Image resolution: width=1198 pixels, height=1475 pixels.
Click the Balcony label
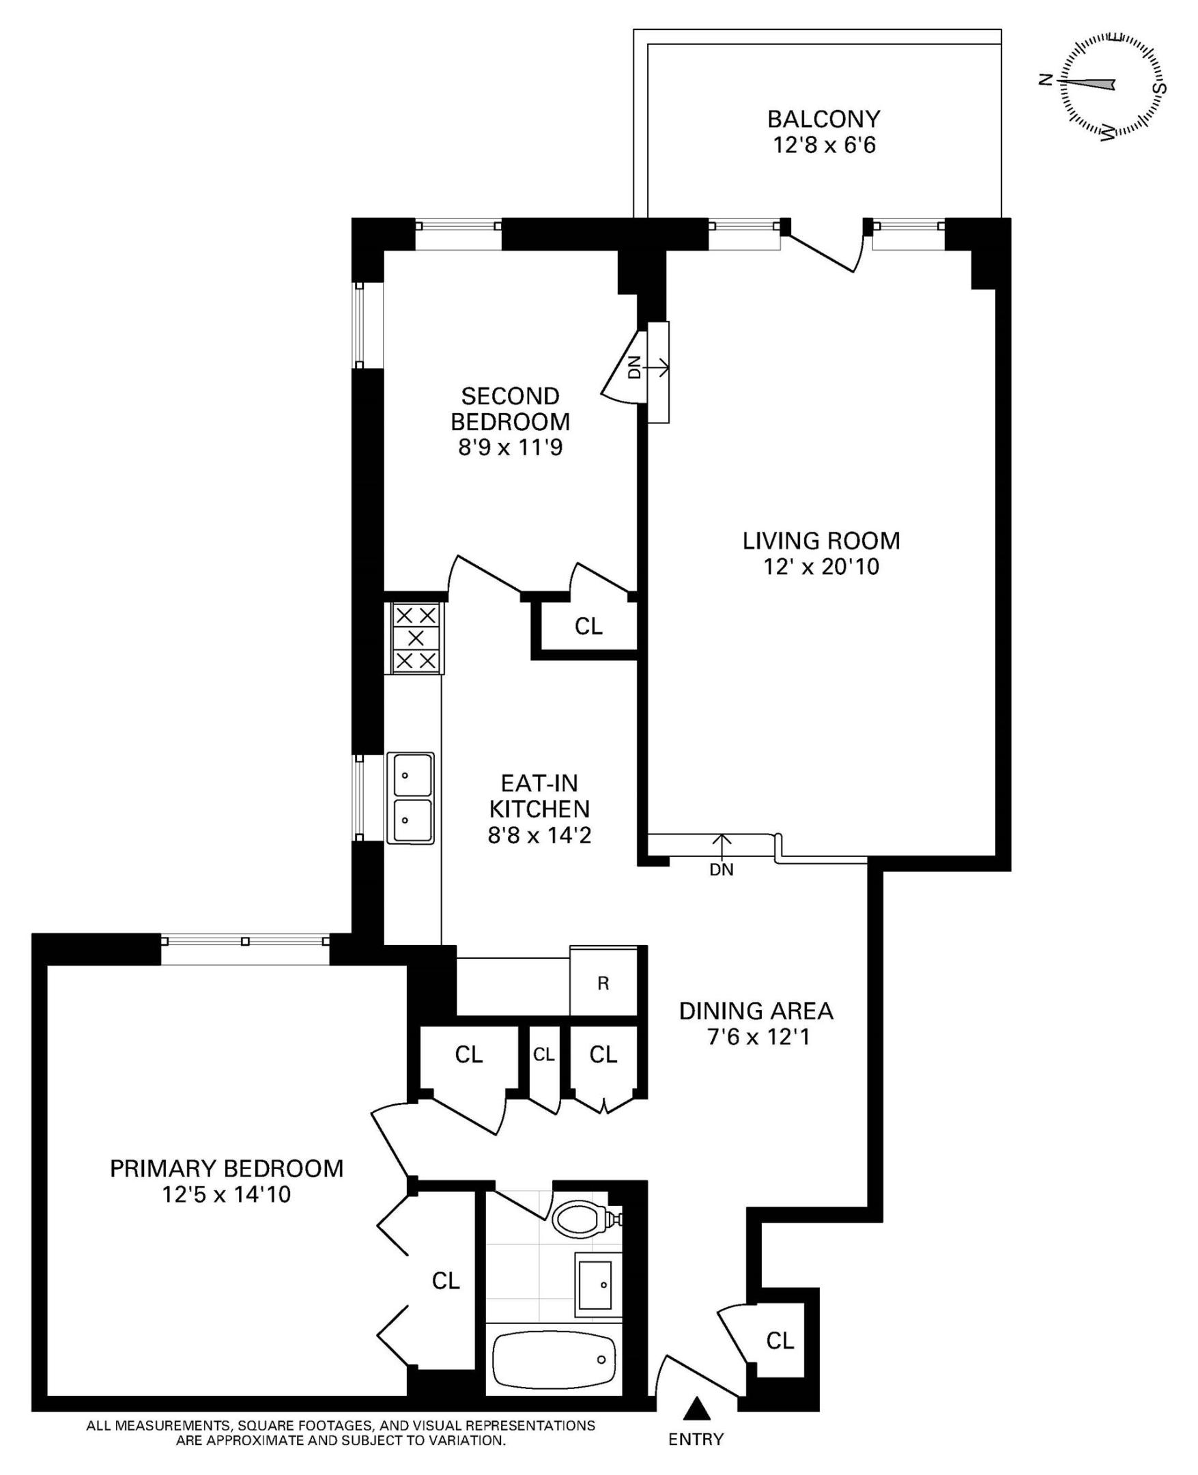click(823, 120)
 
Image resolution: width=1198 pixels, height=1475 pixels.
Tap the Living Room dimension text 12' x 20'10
click(821, 567)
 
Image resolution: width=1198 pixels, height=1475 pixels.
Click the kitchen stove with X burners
click(416, 638)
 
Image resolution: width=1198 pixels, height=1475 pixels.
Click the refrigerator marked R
click(603, 983)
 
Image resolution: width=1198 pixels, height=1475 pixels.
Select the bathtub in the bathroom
click(554, 1358)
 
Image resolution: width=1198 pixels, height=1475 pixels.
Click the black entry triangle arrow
click(696, 1407)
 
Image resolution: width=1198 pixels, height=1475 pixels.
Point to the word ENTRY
click(696, 1439)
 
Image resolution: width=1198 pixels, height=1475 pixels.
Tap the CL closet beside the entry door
click(780, 1340)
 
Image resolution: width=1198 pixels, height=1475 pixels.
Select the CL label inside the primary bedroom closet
click(445, 1281)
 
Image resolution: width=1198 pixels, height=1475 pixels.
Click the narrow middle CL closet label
click(544, 1054)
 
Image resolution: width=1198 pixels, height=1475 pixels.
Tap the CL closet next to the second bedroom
click(588, 626)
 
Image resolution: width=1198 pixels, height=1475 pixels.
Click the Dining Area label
click(756, 1011)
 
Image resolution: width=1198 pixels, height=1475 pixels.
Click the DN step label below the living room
click(721, 870)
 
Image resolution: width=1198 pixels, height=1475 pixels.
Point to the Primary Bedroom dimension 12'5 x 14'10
click(227, 1194)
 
